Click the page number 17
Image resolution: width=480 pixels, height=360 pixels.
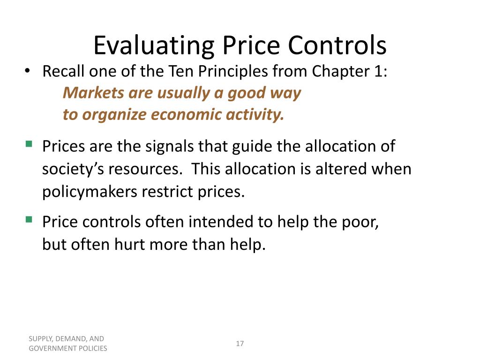[240, 344]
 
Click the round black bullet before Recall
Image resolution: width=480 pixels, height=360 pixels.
[28, 72]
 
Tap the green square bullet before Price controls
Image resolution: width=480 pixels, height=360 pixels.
[29, 219]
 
